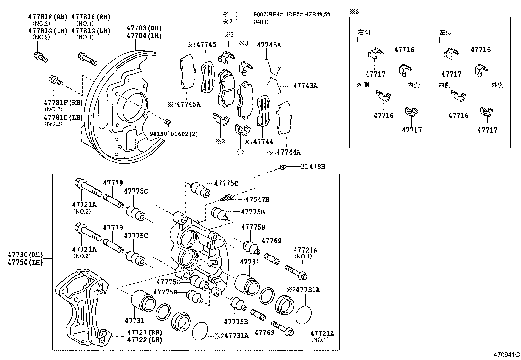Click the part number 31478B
pyautogui.click(x=313, y=167)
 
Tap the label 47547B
pyautogui.click(x=257, y=199)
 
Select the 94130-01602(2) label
pyautogui.click(x=174, y=134)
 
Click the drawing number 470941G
pyautogui.click(x=507, y=355)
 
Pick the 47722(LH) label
pyautogui.click(x=145, y=340)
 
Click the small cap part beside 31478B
pyautogui.click(x=282, y=167)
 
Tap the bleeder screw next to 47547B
pyautogui.click(x=227, y=198)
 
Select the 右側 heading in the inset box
pyautogui.click(x=364, y=32)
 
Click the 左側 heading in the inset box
pyautogui.click(x=445, y=32)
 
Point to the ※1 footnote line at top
pyautogui.click(x=277, y=14)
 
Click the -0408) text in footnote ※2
pyautogui.click(x=259, y=22)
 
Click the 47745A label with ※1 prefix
pyautogui.click(x=184, y=104)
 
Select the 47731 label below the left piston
pyautogui.click(x=135, y=320)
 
